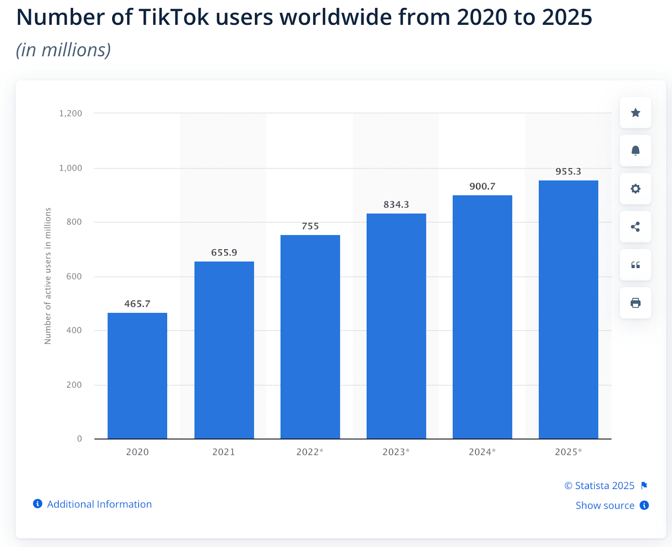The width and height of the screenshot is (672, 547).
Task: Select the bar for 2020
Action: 137,376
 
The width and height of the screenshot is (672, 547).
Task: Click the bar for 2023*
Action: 396,326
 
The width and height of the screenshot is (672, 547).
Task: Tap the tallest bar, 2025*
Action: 568,310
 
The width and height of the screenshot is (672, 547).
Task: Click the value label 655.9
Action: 224,252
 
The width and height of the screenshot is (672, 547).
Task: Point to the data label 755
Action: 310,226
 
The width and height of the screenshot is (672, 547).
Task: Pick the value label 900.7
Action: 482,186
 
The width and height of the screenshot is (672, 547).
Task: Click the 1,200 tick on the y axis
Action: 71,113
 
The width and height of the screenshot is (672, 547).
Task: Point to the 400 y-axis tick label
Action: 74,330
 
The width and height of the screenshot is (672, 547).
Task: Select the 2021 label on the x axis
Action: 223,452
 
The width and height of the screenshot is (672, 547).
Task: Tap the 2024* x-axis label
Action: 482,452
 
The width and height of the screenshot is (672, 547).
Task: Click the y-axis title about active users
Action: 47,276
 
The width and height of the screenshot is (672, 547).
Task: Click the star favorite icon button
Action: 635,113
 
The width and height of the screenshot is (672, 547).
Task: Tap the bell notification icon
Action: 635,150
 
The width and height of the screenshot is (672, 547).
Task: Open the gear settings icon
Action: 635,189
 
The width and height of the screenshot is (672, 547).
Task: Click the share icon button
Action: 635,227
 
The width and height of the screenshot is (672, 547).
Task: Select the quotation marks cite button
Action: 635,265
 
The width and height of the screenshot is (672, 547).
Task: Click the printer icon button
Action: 635,303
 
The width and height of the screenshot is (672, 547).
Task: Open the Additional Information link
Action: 99,504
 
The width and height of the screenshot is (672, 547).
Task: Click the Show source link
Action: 605,505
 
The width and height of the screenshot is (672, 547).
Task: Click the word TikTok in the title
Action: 173,18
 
